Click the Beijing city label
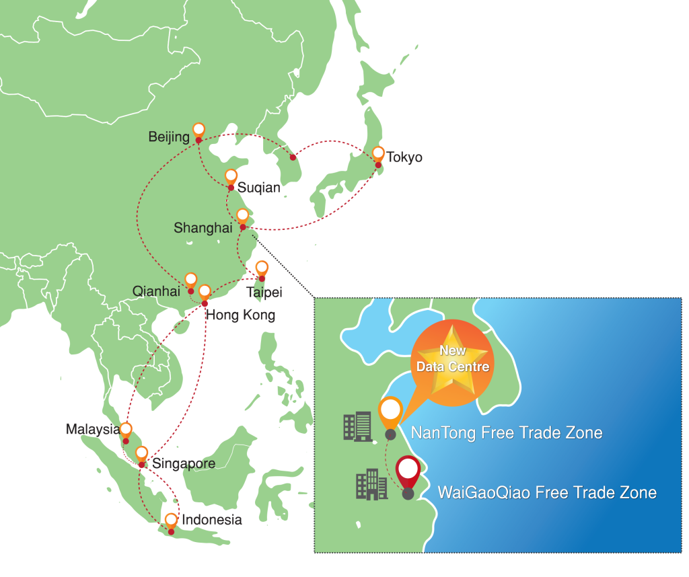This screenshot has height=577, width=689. (169, 137)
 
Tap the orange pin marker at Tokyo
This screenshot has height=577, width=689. (378, 154)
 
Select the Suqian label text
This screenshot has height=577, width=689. (259, 188)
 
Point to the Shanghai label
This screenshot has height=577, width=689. (203, 228)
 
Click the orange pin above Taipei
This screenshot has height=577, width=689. (262, 268)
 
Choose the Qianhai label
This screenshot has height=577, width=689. (156, 291)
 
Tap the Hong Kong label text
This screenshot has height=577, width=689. (241, 315)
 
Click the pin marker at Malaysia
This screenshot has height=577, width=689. (126, 430)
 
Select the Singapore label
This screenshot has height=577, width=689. (184, 464)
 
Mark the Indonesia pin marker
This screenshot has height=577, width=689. (171, 521)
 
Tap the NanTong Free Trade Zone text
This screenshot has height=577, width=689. (506, 433)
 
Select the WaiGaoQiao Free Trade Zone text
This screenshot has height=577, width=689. (546, 492)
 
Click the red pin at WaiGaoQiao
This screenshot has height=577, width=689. (407, 472)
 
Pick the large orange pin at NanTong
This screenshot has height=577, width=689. (390, 412)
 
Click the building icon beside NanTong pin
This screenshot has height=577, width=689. (357, 427)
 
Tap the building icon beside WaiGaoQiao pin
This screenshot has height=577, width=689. (372, 485)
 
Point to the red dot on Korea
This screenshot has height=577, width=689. (293, 157)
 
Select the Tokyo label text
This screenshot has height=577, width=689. (405, 157)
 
